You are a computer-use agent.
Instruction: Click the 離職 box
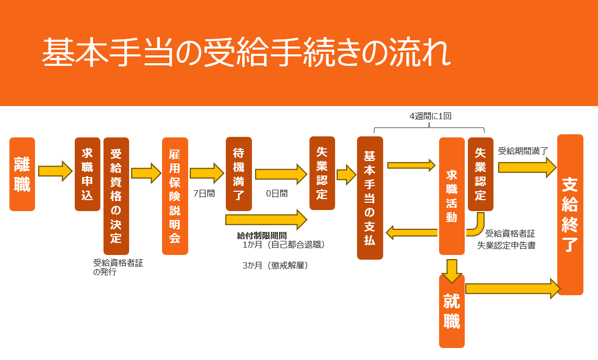22,174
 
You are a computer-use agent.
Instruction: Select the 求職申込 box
87,174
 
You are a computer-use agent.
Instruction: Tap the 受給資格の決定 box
116,196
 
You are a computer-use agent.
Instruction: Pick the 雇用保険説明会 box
175,196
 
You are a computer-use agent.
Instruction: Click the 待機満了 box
238,174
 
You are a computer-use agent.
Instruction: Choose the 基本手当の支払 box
370,198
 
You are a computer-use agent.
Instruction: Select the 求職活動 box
452,196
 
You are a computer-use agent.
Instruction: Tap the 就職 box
452,311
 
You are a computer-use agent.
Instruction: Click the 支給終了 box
570,215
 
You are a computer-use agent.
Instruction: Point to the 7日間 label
204,193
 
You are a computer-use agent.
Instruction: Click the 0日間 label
277,193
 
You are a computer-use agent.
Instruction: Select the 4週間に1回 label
430,116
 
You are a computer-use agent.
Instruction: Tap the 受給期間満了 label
523,151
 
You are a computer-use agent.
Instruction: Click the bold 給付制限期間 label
261,236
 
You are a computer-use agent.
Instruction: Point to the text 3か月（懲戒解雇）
275,265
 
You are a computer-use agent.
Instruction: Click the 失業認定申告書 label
506,245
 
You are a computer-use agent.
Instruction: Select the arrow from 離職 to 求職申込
55,171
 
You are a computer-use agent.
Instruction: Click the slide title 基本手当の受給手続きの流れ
246,52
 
